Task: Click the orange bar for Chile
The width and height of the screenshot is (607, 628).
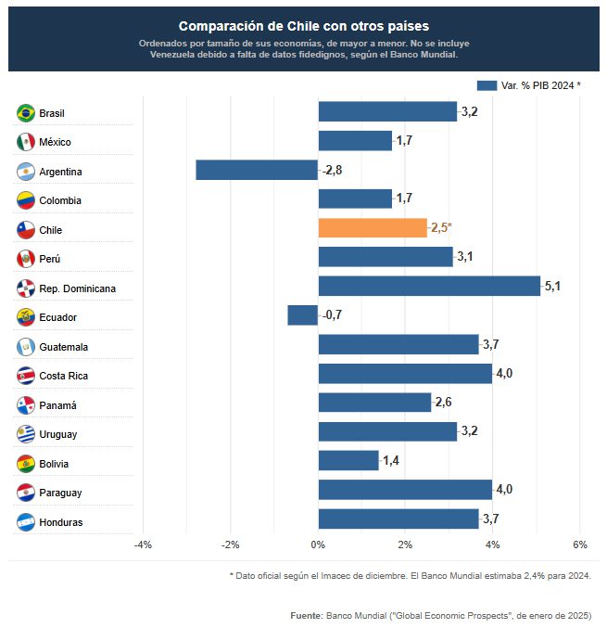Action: click(x=373, y=228)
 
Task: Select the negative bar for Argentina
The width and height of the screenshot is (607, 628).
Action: click(x=257, y=171)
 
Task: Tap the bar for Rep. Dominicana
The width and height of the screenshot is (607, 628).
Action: click(x=429, y=287)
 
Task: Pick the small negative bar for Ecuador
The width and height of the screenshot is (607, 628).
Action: click(x=303, y=315)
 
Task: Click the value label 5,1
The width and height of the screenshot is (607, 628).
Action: click(x=552, y=287)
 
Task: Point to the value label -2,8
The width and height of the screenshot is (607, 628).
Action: click(x=333, y=171)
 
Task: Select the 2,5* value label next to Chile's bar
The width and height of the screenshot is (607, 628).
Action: click(x=441, y=228)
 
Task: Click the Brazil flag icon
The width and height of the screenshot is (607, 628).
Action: click(x=26, y=113)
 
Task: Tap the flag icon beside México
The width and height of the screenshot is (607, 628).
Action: click(x=26, y=142)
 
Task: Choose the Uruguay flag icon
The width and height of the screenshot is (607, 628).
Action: click(x=26, y=433)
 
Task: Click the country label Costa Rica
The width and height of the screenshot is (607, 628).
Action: click(x=64, y=376)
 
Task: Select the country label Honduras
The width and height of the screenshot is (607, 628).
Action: click(x=61, y=522)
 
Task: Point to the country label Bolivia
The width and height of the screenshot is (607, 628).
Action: click(x=55, y=464)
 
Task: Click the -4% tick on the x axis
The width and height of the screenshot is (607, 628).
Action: click(x=144, y=544)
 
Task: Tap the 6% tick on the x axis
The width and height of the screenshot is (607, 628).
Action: click(x=580, y=544)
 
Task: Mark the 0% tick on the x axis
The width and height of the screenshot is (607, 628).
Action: click(x=318, y=544)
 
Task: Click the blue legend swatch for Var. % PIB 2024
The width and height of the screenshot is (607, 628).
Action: click(x=487, y=85)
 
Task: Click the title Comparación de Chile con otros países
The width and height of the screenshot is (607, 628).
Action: click(x=304, y=26)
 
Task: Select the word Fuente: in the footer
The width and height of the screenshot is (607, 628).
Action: click(x=305, y=615)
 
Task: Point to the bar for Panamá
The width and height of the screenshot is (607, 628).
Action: click(x=374, y=403)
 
